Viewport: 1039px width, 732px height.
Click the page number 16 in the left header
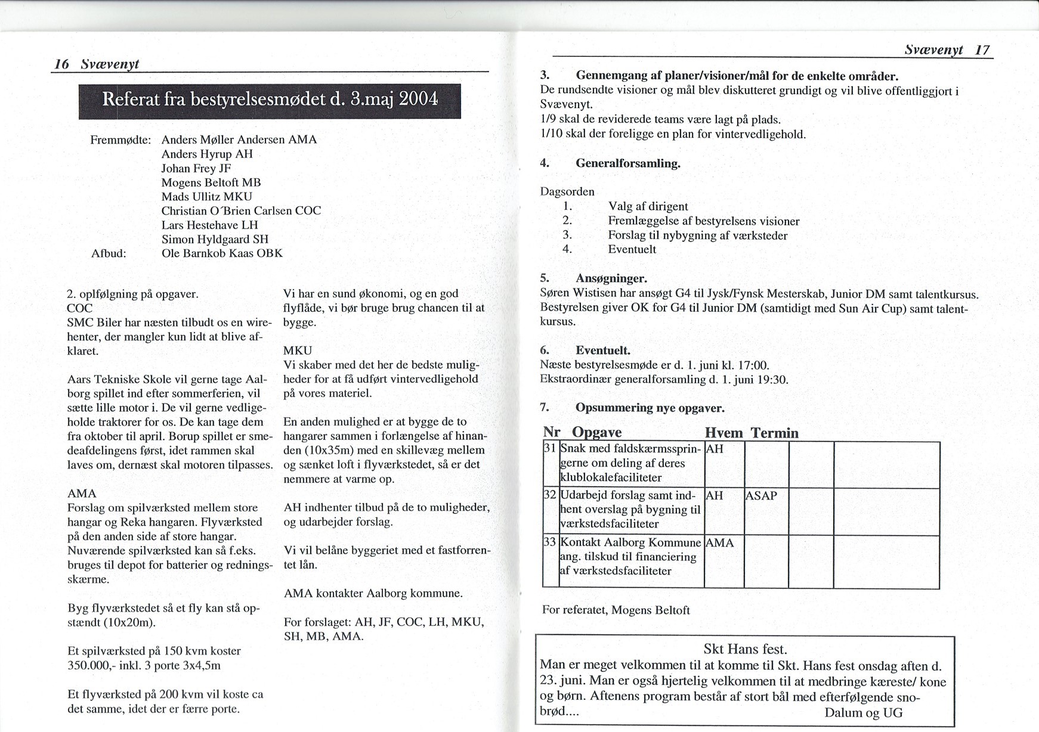tap(61, 64)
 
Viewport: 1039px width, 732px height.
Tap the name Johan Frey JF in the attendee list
tap(196, 168)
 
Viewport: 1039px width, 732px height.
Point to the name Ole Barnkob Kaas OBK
tap(222, 253)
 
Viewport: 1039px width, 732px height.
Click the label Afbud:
tap(109, 253)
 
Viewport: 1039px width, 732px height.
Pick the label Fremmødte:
tap(120, 139)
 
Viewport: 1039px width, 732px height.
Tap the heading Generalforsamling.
tap(627, 163)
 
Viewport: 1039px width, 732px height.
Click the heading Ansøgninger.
tap(611, 278)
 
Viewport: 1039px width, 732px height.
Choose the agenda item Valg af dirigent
tap(648, 206)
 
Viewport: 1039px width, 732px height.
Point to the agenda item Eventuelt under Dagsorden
tap(632, 249)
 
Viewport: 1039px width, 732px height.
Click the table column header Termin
tap(774, 433)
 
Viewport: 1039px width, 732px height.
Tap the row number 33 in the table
tap(550, 542)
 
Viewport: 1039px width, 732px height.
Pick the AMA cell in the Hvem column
tap(719, 543)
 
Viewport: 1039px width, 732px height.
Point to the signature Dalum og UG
tap(863, 712)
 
